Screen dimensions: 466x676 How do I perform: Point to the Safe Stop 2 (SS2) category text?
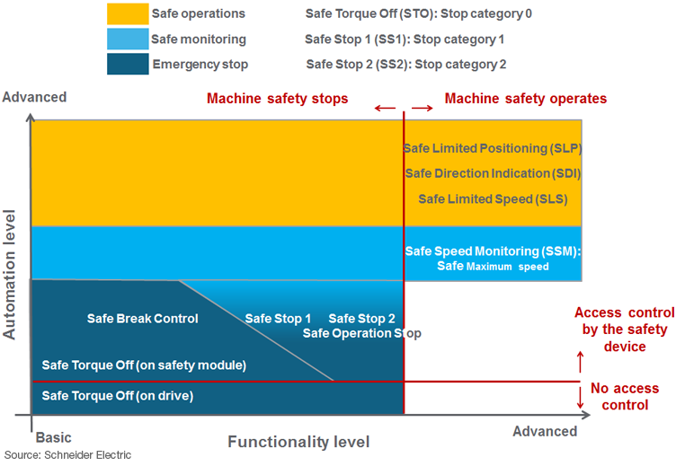[x=406, y=65]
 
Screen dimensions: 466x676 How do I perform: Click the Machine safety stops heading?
[x=278, y=98]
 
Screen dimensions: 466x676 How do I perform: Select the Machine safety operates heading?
[x=526, y=98]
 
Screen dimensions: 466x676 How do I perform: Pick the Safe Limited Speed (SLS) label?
[x=493, y=198]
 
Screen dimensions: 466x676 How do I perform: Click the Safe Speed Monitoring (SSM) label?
[x=493, y=251]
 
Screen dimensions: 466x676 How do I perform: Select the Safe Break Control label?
[x=142, y=319]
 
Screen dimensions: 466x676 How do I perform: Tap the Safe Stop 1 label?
[x=278, y=319]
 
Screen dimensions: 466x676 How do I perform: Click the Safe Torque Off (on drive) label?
[x=118, y=396]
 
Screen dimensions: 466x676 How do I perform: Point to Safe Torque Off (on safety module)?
[x=144, y=365]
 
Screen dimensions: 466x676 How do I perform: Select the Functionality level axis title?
[x=298, y=442]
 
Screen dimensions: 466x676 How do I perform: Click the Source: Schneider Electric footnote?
[x=68, y=455]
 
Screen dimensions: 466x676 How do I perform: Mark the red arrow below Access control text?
[x=580, y=362]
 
